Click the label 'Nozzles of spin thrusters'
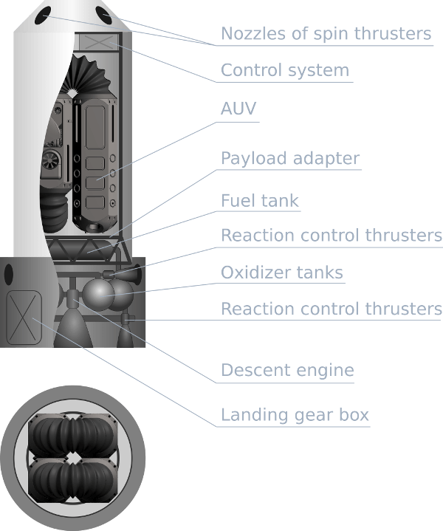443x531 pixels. point(326,33)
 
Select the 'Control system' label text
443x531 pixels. point(285,71)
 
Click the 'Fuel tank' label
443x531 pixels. point(260,200)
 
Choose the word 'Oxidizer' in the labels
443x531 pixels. point(253,273)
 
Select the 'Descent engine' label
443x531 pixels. point(287,370)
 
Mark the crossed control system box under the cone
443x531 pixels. point(97,41)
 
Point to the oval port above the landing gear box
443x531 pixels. point(10,275)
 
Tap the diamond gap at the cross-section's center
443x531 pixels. point(74,459)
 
